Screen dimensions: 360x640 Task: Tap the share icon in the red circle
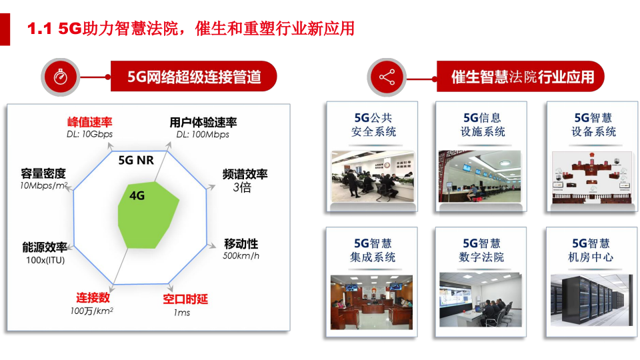tap(387, 77)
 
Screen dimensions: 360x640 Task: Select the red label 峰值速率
tap(90, 122)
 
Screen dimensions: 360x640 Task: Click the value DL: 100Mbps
tap(203, 135)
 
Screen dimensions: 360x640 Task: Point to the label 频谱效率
tap(245, 174)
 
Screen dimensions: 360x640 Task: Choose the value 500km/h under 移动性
tap(241, 256)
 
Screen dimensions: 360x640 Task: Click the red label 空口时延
tap(185, 299)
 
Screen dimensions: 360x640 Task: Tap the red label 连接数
tap(93, 297)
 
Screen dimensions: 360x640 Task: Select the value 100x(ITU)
tap(45, 260)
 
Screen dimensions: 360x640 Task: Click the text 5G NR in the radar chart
tap(136, 161)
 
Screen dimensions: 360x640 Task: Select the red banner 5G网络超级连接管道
tap(194, 77)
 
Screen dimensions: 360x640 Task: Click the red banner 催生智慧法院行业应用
tap(522, 77)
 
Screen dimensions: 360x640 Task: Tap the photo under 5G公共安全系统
tap(372, 176)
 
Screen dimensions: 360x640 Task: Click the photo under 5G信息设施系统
tap(481, 176)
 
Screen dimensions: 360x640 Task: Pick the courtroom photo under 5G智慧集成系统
tap(372, 301)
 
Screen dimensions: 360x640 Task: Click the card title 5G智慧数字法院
tap(481, 250)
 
